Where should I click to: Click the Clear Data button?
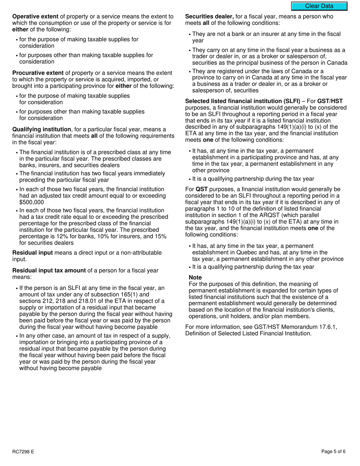(319, 6)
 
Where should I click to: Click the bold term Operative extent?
(35, 17)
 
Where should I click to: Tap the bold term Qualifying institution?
(41, 129)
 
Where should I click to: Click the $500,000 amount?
(31, 202)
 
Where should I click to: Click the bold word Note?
(195, 278)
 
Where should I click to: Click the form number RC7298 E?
(23, 452)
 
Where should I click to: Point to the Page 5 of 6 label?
(333, 452)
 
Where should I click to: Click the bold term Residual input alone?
(33, 253)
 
